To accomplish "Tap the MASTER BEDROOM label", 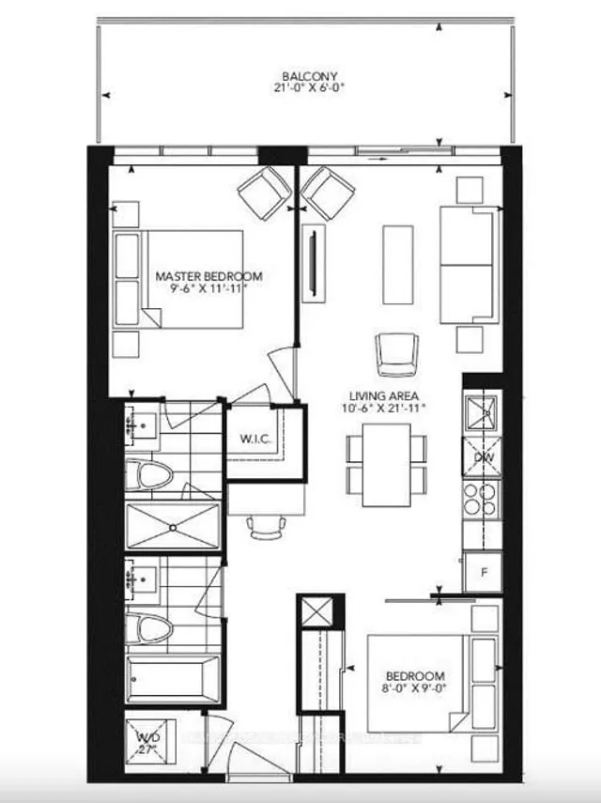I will (208, 277).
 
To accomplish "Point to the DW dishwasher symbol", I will (483, 456).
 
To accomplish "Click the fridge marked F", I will (483, 571).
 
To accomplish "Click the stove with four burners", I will (483, 498).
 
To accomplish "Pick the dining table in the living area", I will (387, 463).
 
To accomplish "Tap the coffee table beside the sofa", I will (394, 263).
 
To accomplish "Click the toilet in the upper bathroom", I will (150, 477).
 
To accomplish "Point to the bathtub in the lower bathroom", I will (174, 678).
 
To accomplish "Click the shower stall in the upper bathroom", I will (174, 526).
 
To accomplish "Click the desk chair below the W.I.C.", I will (265, 526).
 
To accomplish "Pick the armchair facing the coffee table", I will (393, 351).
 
